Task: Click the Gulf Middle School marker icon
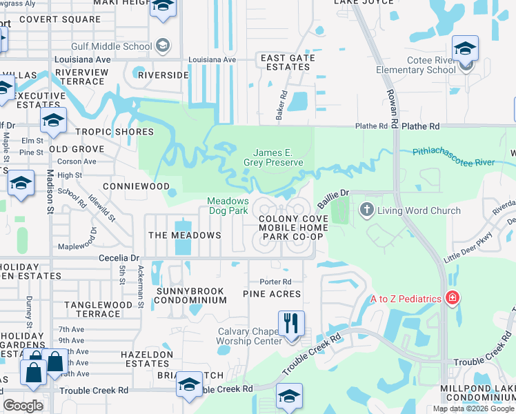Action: click(x=163, y=46)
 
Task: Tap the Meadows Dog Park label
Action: click(x=228, y=206)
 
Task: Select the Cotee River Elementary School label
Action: click(x=416, y=65)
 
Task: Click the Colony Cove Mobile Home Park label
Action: click(x=291, y=228)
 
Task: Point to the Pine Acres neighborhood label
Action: click(x=272, y=294)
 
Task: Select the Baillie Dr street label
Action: click(x=334, y=199)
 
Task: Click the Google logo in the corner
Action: click(x=23, y=406)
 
